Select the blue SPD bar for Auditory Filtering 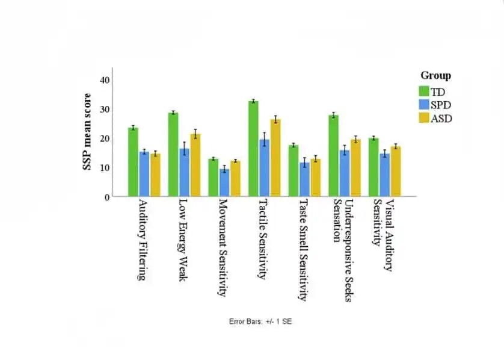tap(144, 174)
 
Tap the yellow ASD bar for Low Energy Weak tap(195, 165)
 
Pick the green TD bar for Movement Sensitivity tap(214, 178)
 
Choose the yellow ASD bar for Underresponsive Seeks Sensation tap(355, 168)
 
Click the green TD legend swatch tap(424, 91)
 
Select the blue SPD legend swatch tap(424, 104)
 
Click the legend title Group tap(435, 76)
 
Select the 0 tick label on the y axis tap(107, 197)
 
